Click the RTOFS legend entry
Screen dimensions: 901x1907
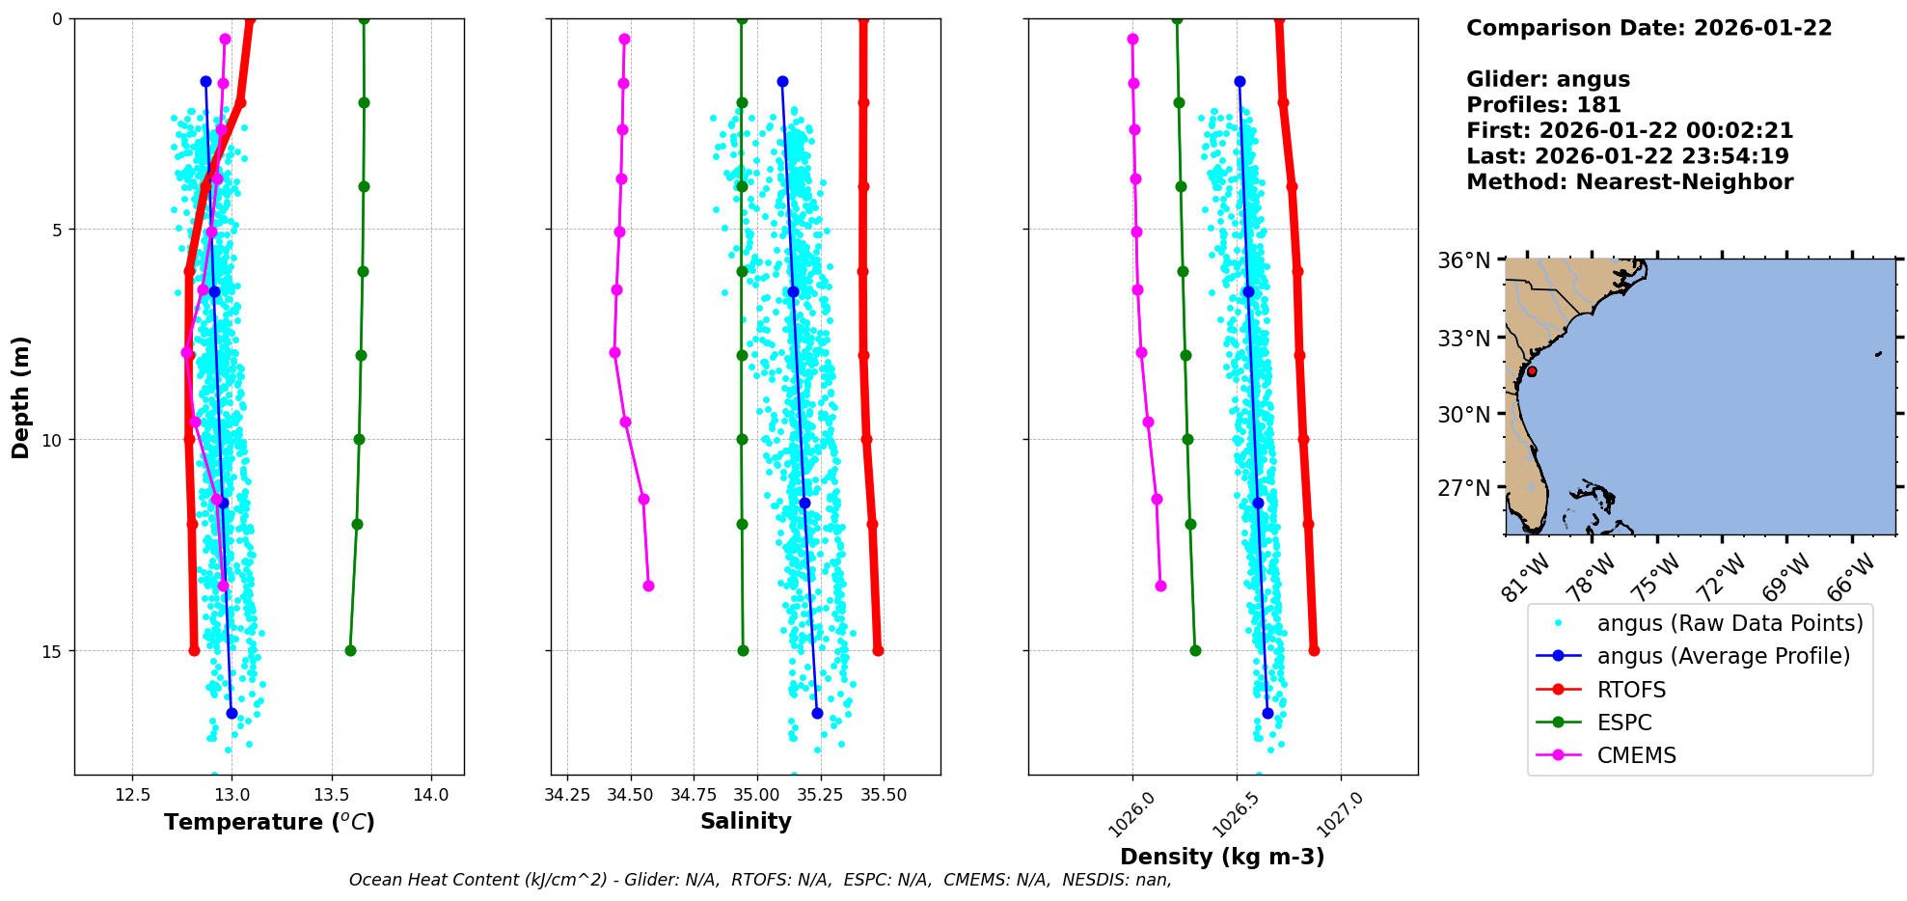[x=1631, y=690]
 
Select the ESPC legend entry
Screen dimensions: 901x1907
[x=1624, y=723]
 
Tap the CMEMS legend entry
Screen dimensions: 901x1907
[x=1636, y=755]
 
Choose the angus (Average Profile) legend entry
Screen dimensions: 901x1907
[x=1723, y=656]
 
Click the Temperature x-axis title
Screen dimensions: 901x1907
[x=269, y=822]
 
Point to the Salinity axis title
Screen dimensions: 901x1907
[x=746, y=821]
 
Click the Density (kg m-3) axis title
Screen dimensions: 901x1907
[x=1222, y=857]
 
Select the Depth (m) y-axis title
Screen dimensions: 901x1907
[x=21, y=396]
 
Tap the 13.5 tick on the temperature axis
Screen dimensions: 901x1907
[x=331, y=795]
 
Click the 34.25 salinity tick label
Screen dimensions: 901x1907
[x=567, y=795]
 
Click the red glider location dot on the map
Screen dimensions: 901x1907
[x=1532, y=371]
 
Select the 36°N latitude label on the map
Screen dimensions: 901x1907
[x=1464, y=261]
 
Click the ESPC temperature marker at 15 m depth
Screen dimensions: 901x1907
[x=350, y=650]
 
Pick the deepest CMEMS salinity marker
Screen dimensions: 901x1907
[x=648, y=586]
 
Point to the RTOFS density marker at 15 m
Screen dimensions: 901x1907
[x=1314, y=650]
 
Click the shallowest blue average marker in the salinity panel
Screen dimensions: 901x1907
[x=782, y=81]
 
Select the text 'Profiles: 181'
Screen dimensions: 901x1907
[x=1543, y=105]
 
